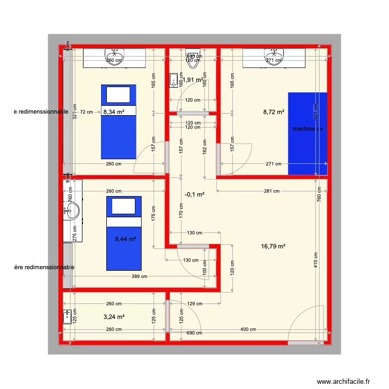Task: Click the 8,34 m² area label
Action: point(114,112)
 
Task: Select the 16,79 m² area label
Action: point(274,247)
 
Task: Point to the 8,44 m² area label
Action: point(125,239)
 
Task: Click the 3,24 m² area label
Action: point(114,316)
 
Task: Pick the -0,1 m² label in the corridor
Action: point(194,195)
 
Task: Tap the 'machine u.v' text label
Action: point(308,129)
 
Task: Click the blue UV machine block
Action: point(308,150)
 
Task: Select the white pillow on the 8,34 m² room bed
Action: point(118,94)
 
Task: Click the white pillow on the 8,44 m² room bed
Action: point(124,206)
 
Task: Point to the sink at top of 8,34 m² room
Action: point(114,54)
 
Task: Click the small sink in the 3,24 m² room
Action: point(66,316)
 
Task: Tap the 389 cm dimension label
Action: point(139,276)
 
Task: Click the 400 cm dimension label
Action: point(248,329)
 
